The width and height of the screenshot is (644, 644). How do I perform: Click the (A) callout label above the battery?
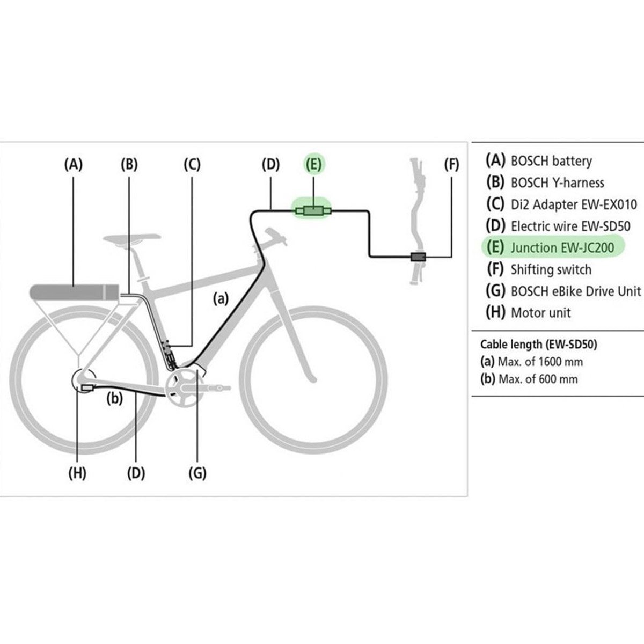(x=73, y=164)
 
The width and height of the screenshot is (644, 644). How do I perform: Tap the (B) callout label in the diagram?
(x=129, y=164)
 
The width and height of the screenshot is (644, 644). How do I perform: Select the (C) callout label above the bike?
(x=192, y=164)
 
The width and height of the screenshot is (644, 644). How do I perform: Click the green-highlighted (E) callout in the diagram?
(x=314, y=164)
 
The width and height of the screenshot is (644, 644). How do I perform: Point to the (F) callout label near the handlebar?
(x=451, y=164)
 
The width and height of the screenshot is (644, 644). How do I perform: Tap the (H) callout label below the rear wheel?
(x=77, y=473)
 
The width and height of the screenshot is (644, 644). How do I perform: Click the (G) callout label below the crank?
(x=197, y=473)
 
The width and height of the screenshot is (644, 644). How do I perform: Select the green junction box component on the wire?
(x=314, y=211)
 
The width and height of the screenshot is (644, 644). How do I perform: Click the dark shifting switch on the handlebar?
(x=418, y=257)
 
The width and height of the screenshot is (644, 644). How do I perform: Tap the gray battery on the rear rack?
(x=74, y=292)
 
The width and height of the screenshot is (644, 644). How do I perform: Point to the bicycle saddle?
(x=131, y=239)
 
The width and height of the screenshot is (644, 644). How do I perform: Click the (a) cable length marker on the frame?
(x=221, y=298)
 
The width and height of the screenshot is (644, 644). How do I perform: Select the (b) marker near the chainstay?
(x=115, y=398)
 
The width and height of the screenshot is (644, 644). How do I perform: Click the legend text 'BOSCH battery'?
(x=552, y=161)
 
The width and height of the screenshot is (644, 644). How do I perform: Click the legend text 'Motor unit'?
(x=541, y=313)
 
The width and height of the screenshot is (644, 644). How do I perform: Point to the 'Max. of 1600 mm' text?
(x=540, y=362)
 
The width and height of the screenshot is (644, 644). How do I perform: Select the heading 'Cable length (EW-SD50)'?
(x=539, y=344)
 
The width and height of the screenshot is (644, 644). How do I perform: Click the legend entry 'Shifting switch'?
(x=551, y=270)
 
